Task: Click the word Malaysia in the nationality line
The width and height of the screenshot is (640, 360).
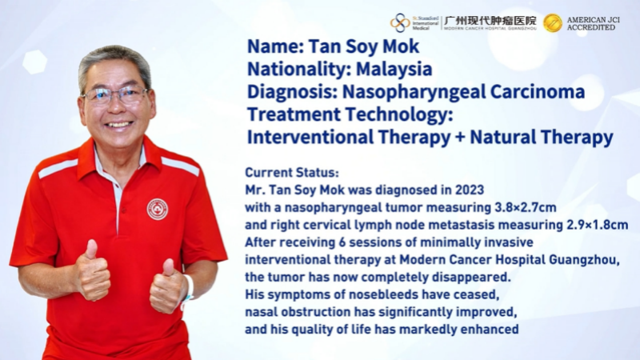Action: pyautogui.click(x=394, y=69)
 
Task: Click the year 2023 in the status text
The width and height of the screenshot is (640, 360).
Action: pyautogui.click(x=470, y=190)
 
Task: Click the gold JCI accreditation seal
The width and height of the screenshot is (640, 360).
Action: pyautogui.click(x=553, y=23)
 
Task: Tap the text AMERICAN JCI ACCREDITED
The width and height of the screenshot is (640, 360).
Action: pyautogui.click(x=593, y=24)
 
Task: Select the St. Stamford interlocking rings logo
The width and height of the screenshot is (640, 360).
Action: pyautogui.click(x=400, y=23)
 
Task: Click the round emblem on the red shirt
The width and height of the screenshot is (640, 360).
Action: pyautogui.click(x=157, y=209)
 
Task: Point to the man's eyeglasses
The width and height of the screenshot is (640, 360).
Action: pyautogui.click(x=115, y=95)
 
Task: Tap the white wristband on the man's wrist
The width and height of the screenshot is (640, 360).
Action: pyautogui.click(x=187, y=289)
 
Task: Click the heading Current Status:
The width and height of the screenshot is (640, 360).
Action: pyautogui.click(x=292, y=172)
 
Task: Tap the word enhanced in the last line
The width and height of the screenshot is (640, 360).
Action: pyautogui.click(x=491, y=329)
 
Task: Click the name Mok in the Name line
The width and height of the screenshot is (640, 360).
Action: pyautogui.click(x=401, y=46)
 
